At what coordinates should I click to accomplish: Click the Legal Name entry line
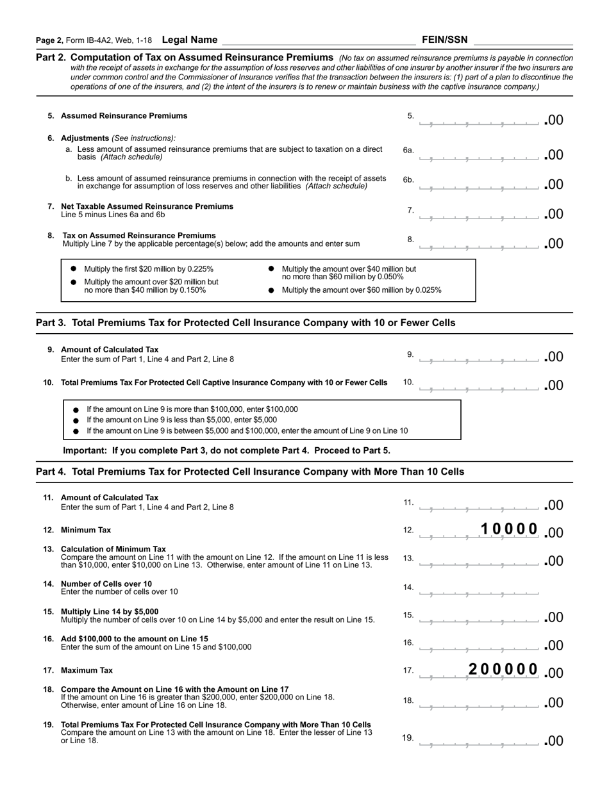click(317, 40)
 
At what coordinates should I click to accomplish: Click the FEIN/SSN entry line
click(522, 40)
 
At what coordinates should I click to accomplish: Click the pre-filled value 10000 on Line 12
click(509, 529)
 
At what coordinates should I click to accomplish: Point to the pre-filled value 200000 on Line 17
click(503, 670)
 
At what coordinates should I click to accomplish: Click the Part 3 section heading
click(246, 323)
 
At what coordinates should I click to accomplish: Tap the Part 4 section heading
click(250, 472)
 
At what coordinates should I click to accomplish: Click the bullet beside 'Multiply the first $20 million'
click(74, 269)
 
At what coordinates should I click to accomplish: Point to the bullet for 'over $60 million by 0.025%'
click(271, 290)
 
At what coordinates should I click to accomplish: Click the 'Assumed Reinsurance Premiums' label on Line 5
click(124, 116)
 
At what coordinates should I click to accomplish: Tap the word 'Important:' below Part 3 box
click(85, 450)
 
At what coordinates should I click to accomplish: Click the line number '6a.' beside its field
click(408, 151)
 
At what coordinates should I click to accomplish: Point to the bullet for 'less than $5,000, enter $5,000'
click(76, 420)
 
